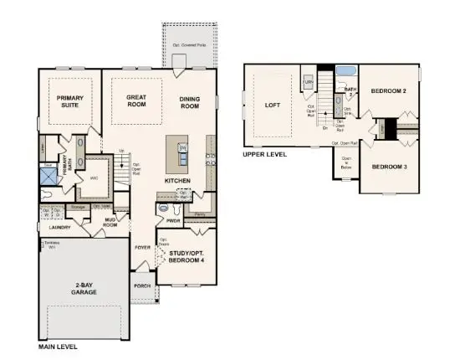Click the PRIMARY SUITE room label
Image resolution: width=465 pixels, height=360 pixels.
tap(70, 102)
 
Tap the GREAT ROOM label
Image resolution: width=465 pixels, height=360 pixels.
tap(136, 102)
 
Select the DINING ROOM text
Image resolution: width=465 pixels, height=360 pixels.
tap(190, 102)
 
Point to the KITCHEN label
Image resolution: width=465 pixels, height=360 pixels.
tap(179, 180)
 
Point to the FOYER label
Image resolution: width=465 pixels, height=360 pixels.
tap(143, 248)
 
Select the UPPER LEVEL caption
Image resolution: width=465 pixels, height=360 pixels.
tap(263, 155)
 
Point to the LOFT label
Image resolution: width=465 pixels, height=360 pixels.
tap(273, 105)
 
